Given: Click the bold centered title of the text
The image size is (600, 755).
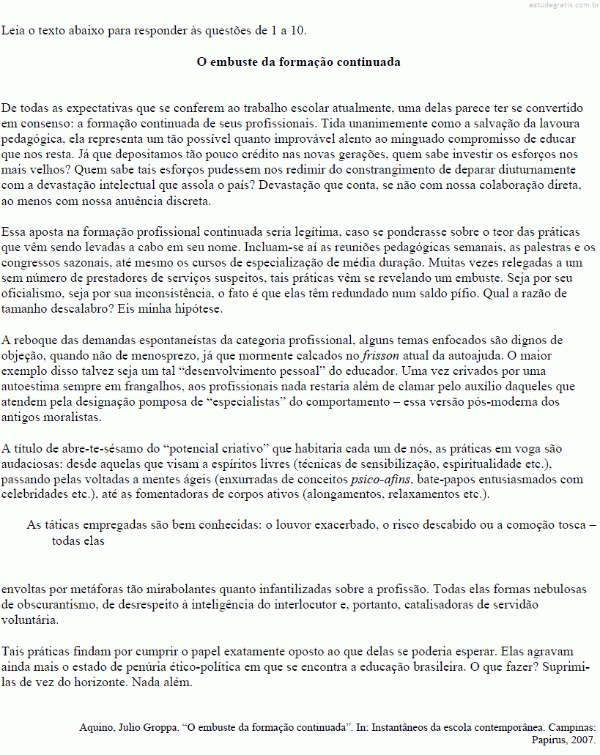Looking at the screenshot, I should click(x=299, y=62).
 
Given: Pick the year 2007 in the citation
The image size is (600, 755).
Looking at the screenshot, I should click(x=584, y=740).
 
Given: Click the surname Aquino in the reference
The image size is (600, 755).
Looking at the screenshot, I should click(x=95, y=728).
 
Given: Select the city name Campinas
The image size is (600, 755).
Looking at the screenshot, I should click(x=571, y=728).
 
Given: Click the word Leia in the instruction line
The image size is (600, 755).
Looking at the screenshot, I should click(x=12, y=30).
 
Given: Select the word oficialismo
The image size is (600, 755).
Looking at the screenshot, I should click(x=33, y=293).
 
